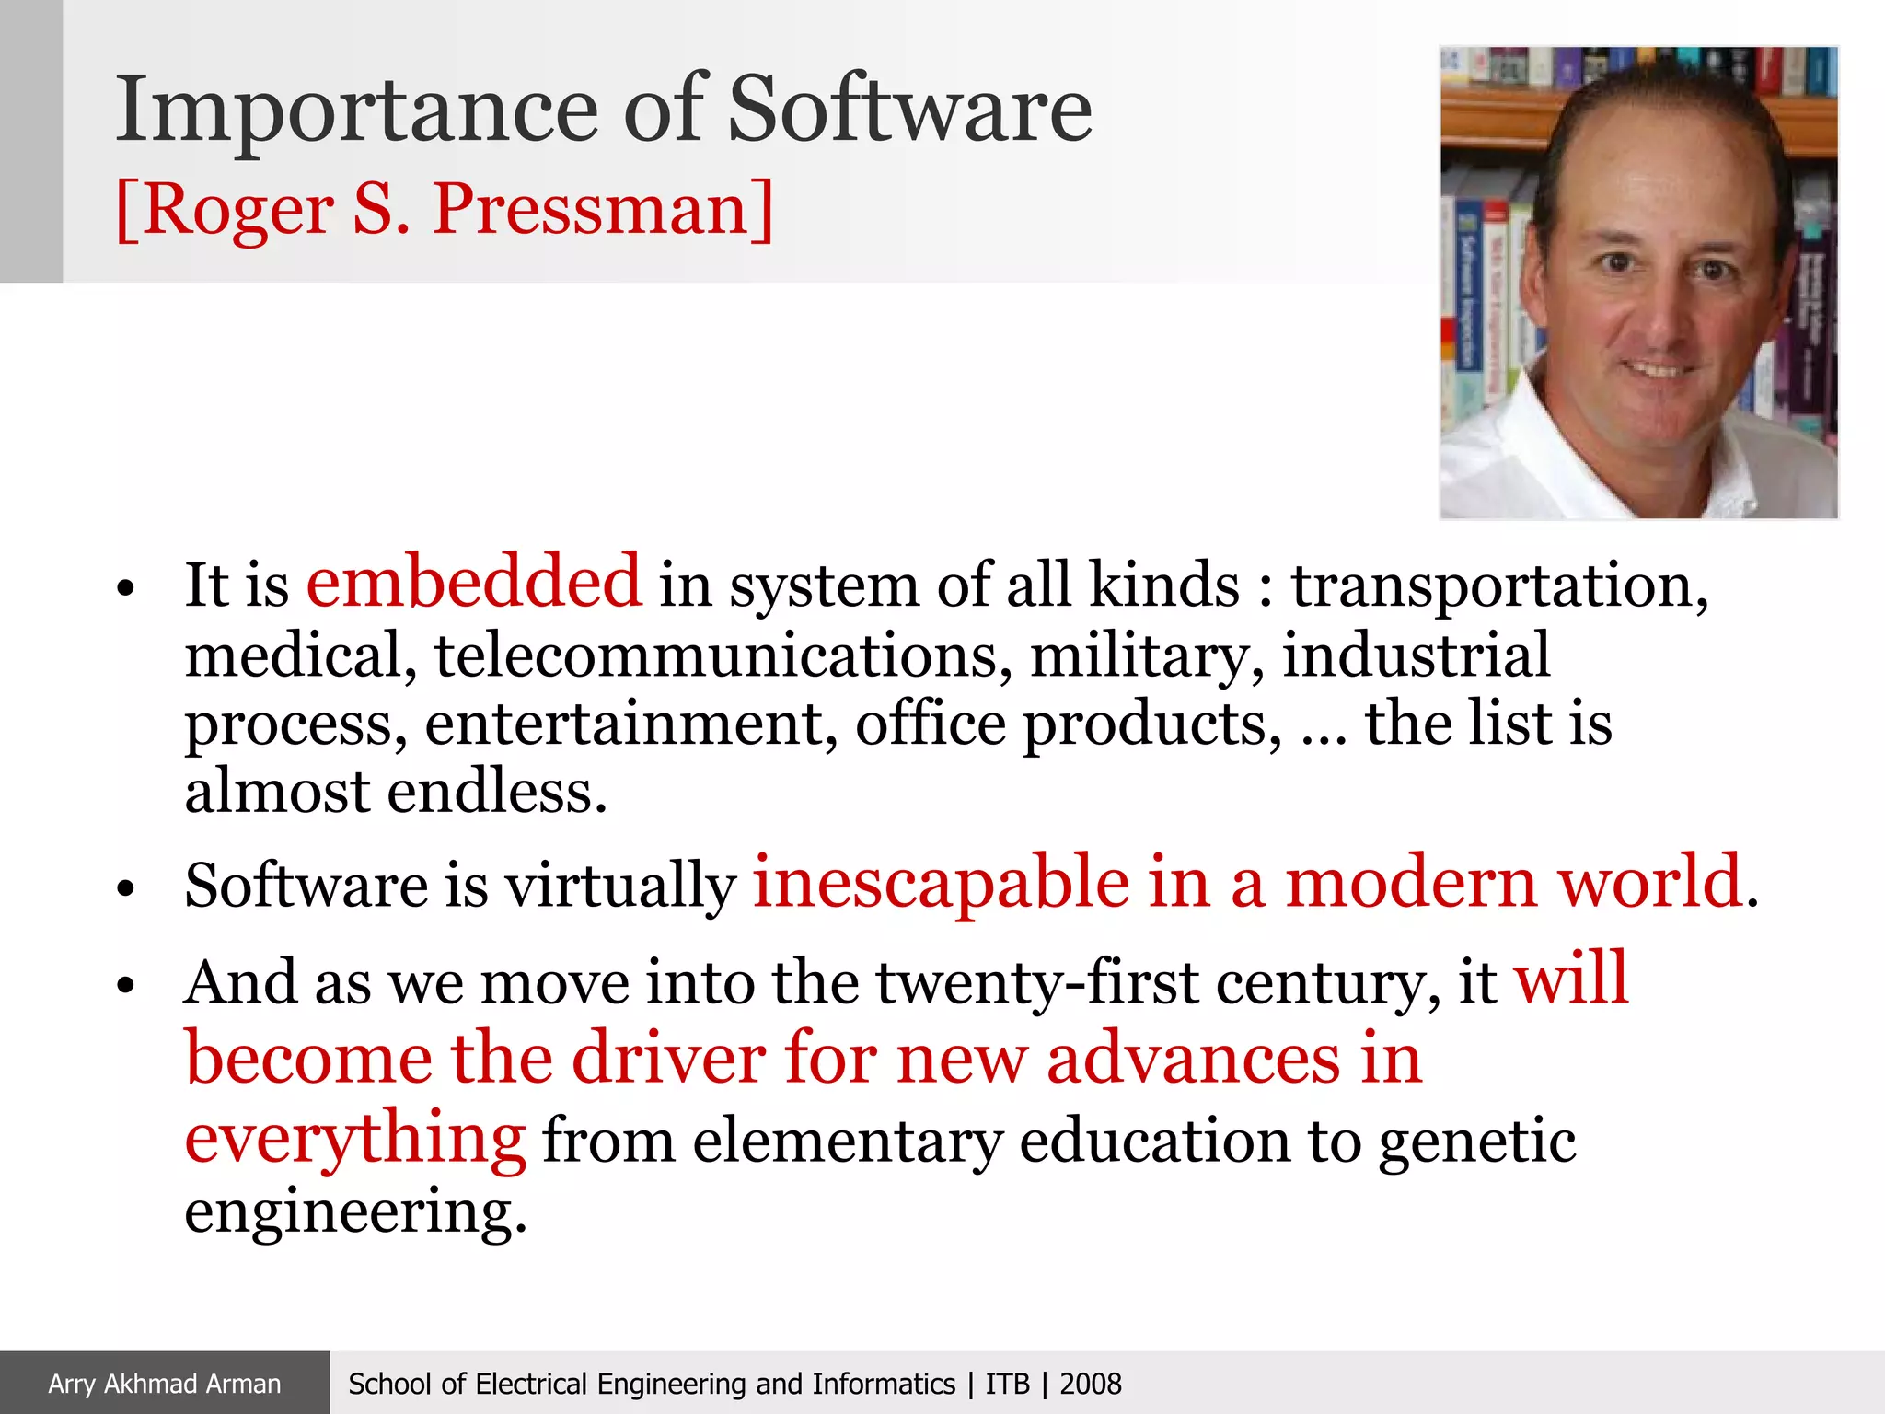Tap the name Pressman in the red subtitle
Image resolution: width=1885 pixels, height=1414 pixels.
(602, 210)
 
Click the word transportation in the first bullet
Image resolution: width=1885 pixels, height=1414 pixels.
(1498, 585)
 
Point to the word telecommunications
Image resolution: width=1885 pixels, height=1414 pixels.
(723, 655)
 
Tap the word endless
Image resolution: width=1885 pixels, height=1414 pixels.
(497, 792)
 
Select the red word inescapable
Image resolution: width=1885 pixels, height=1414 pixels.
(941, 884)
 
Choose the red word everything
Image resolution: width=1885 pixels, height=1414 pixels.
(355, 1140)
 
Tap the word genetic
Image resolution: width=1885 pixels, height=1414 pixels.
(1476, 1142)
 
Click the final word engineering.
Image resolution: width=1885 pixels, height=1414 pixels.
(355, 1211)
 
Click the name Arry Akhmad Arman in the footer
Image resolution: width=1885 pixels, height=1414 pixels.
(165, 1384)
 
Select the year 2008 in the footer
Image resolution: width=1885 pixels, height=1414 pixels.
(1091, 1384)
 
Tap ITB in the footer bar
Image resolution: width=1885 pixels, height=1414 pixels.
(1007, 1384)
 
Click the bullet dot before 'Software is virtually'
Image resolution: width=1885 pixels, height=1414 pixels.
(126, 888)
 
